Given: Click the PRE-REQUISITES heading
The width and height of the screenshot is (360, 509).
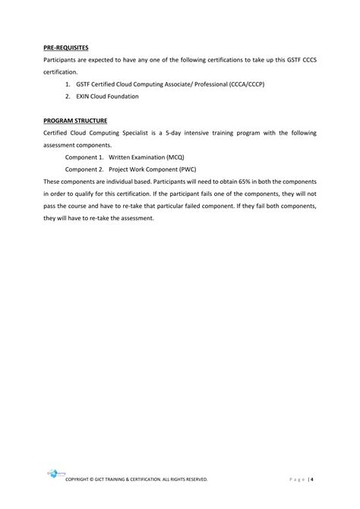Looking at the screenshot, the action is [65, 47].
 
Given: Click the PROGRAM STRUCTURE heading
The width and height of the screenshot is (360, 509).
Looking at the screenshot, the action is [75, 120].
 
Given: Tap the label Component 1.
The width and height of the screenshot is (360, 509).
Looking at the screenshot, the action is [84, 156].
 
